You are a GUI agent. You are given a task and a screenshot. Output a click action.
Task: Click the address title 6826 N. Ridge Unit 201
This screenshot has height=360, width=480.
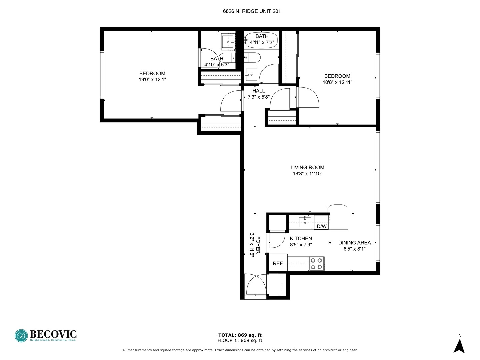coord(252,11)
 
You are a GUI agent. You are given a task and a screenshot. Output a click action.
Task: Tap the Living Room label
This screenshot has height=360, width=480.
coord(307,167)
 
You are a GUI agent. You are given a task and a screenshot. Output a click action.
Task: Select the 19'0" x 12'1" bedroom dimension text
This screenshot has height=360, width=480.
coord(152,80)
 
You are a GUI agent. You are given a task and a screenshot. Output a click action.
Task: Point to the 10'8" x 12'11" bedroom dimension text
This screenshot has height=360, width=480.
coord(337,82)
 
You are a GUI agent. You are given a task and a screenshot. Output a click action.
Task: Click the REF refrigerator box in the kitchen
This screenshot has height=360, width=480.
coord(278,263)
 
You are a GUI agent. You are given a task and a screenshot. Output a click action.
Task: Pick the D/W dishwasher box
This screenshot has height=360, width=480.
coord(321,226)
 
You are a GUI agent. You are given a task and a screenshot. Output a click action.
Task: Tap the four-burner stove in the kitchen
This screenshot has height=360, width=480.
coord(316,263)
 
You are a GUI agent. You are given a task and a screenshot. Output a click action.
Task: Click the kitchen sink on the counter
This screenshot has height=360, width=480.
coord(305,222)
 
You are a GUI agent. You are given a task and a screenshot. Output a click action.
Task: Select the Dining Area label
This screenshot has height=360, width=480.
coord(354,243)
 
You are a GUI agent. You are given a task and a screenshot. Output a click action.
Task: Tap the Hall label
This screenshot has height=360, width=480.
coord(259,91)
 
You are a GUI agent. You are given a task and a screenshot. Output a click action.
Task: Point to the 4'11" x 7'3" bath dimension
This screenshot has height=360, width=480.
coord(262,42)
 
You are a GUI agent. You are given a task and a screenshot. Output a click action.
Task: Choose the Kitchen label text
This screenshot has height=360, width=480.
coord(301,238)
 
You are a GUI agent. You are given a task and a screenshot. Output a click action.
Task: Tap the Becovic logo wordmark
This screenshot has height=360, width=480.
coord(53,334)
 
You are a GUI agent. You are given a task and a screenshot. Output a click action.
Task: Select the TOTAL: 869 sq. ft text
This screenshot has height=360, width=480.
coord(240,335)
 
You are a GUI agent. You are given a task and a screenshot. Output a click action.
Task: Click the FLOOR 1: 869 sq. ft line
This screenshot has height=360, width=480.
coord(240,340)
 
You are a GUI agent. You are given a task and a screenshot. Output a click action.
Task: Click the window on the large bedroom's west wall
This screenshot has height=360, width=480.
coord(102,74)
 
